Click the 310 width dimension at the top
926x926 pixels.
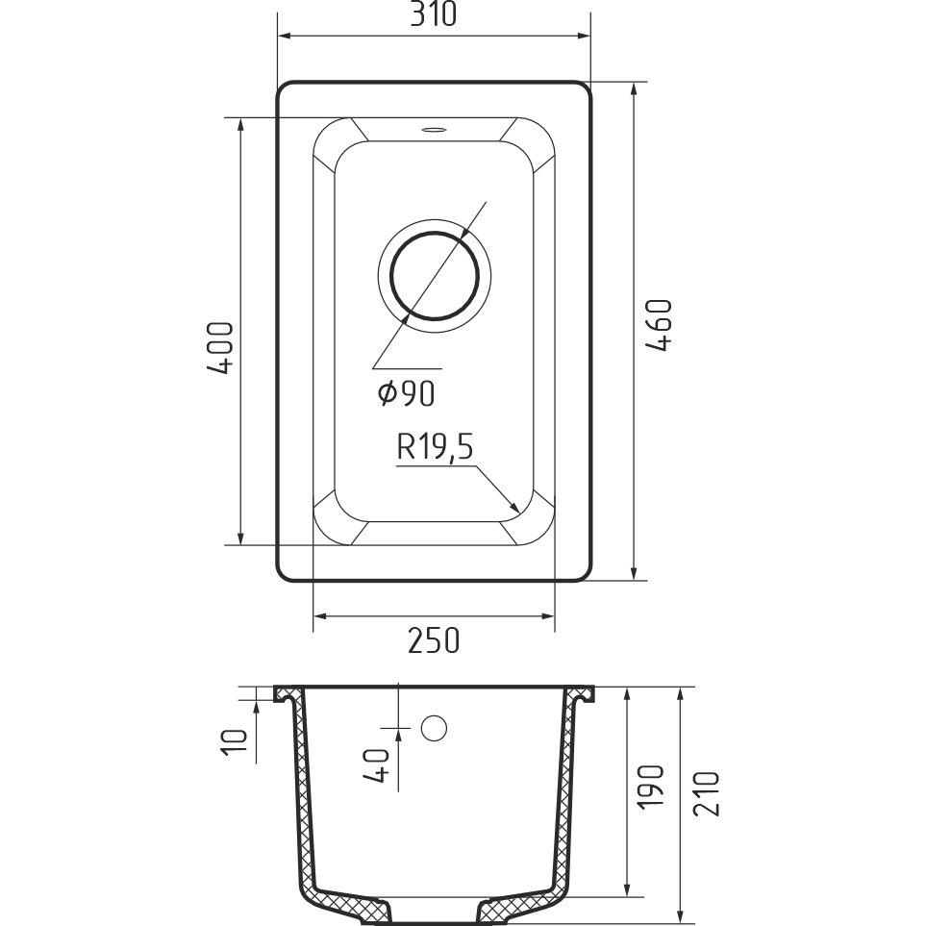(x=434, y=14)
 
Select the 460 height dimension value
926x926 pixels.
(x=659, y=325)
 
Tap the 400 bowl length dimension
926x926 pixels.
(x=221, y=348)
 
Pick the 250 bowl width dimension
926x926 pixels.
(x=434, y=640)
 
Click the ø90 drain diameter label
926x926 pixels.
(x=407, y=393)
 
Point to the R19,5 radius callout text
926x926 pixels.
(x=436, y=447)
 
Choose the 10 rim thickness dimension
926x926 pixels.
(x=234, y=741)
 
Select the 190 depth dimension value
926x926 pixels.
(x=651, y=786)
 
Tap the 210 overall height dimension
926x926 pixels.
(x=707, y=793)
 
